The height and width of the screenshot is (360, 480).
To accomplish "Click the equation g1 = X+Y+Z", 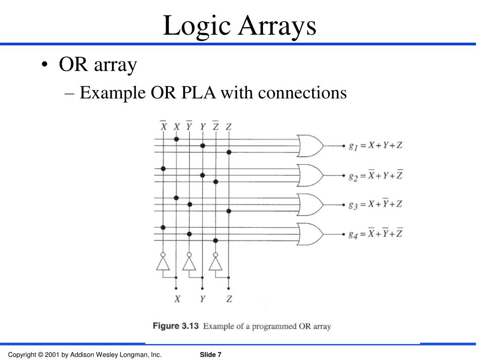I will (x=375, y=146).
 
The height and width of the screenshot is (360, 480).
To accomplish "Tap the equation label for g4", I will (x=375, y=234).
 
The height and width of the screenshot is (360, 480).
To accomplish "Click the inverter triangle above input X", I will (x=163, y=264).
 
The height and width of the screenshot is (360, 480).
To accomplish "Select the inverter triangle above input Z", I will (x=215, y=264).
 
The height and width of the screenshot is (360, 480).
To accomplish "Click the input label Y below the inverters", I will (x=202, y=299).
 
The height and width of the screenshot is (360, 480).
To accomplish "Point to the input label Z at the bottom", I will (x=229, y=299).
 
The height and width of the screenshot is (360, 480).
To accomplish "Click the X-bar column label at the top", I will (x=163, y=126).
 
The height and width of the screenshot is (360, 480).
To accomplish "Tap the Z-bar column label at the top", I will (x=215, y=126).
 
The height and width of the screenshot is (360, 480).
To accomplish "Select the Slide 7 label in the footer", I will (x=210, y=354).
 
